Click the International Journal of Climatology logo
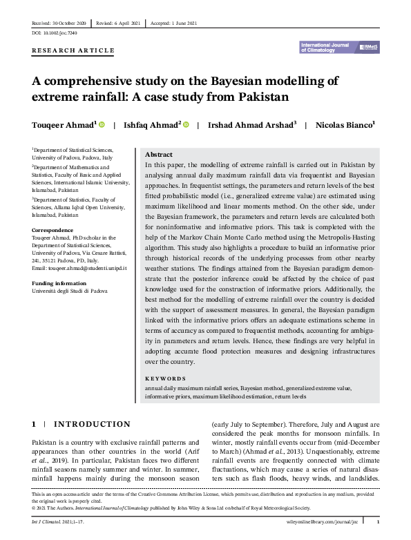point(339,47)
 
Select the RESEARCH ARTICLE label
point(73,52)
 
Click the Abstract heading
point(159,155)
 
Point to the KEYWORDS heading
point(165,379)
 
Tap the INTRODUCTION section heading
point(92,424)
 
